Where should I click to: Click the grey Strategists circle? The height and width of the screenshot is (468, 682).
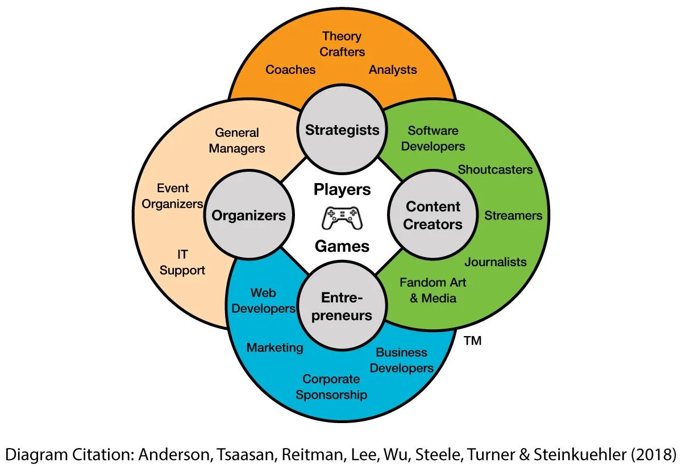(342, 130)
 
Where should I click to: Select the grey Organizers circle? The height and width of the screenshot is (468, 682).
(248, 216)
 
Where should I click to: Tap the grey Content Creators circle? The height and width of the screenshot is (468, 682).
(433, 216)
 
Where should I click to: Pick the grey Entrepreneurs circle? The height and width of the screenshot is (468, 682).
(342, 307)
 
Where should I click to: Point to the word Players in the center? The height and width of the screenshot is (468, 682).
(342, 189)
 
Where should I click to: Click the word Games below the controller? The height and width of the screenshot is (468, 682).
(342, 246)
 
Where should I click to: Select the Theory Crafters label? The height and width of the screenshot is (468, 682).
(342, 44)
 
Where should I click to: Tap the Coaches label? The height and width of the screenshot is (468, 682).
(290, 70)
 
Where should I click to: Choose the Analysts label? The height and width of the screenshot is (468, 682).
(393, 70)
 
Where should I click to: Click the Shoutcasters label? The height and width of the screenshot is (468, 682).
(495, 169)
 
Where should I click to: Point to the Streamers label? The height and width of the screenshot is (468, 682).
(513, 216)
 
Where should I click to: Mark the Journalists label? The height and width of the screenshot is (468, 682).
(496, 262)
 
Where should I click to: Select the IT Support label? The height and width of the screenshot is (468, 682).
(182, 262)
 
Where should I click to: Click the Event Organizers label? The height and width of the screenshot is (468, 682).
(173, 196)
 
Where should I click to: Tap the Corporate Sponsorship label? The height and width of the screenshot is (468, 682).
(331, 387)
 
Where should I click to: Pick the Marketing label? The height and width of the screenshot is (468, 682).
(275, 347)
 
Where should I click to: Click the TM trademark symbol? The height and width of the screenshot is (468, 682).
(472, 342)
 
